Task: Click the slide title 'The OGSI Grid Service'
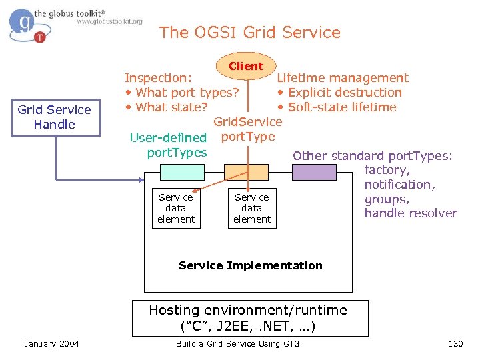pos(250,33)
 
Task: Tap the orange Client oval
pos(246,66)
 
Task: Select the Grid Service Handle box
pos(55,117)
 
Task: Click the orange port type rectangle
pos(245,173)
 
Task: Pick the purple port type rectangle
pos(315,173)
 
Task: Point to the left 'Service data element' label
pos(176,208)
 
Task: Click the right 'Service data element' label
pos(252,208)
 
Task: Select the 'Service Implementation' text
pos(250,265)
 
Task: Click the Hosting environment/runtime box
pos(248,318)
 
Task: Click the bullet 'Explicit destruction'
pos(340,93)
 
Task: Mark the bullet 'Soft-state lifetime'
pos(337,107)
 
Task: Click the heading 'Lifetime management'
pos(343,78)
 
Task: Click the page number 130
pos(455,343)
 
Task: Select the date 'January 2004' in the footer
pos(51,343)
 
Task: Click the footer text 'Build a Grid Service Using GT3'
pos(237,343)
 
